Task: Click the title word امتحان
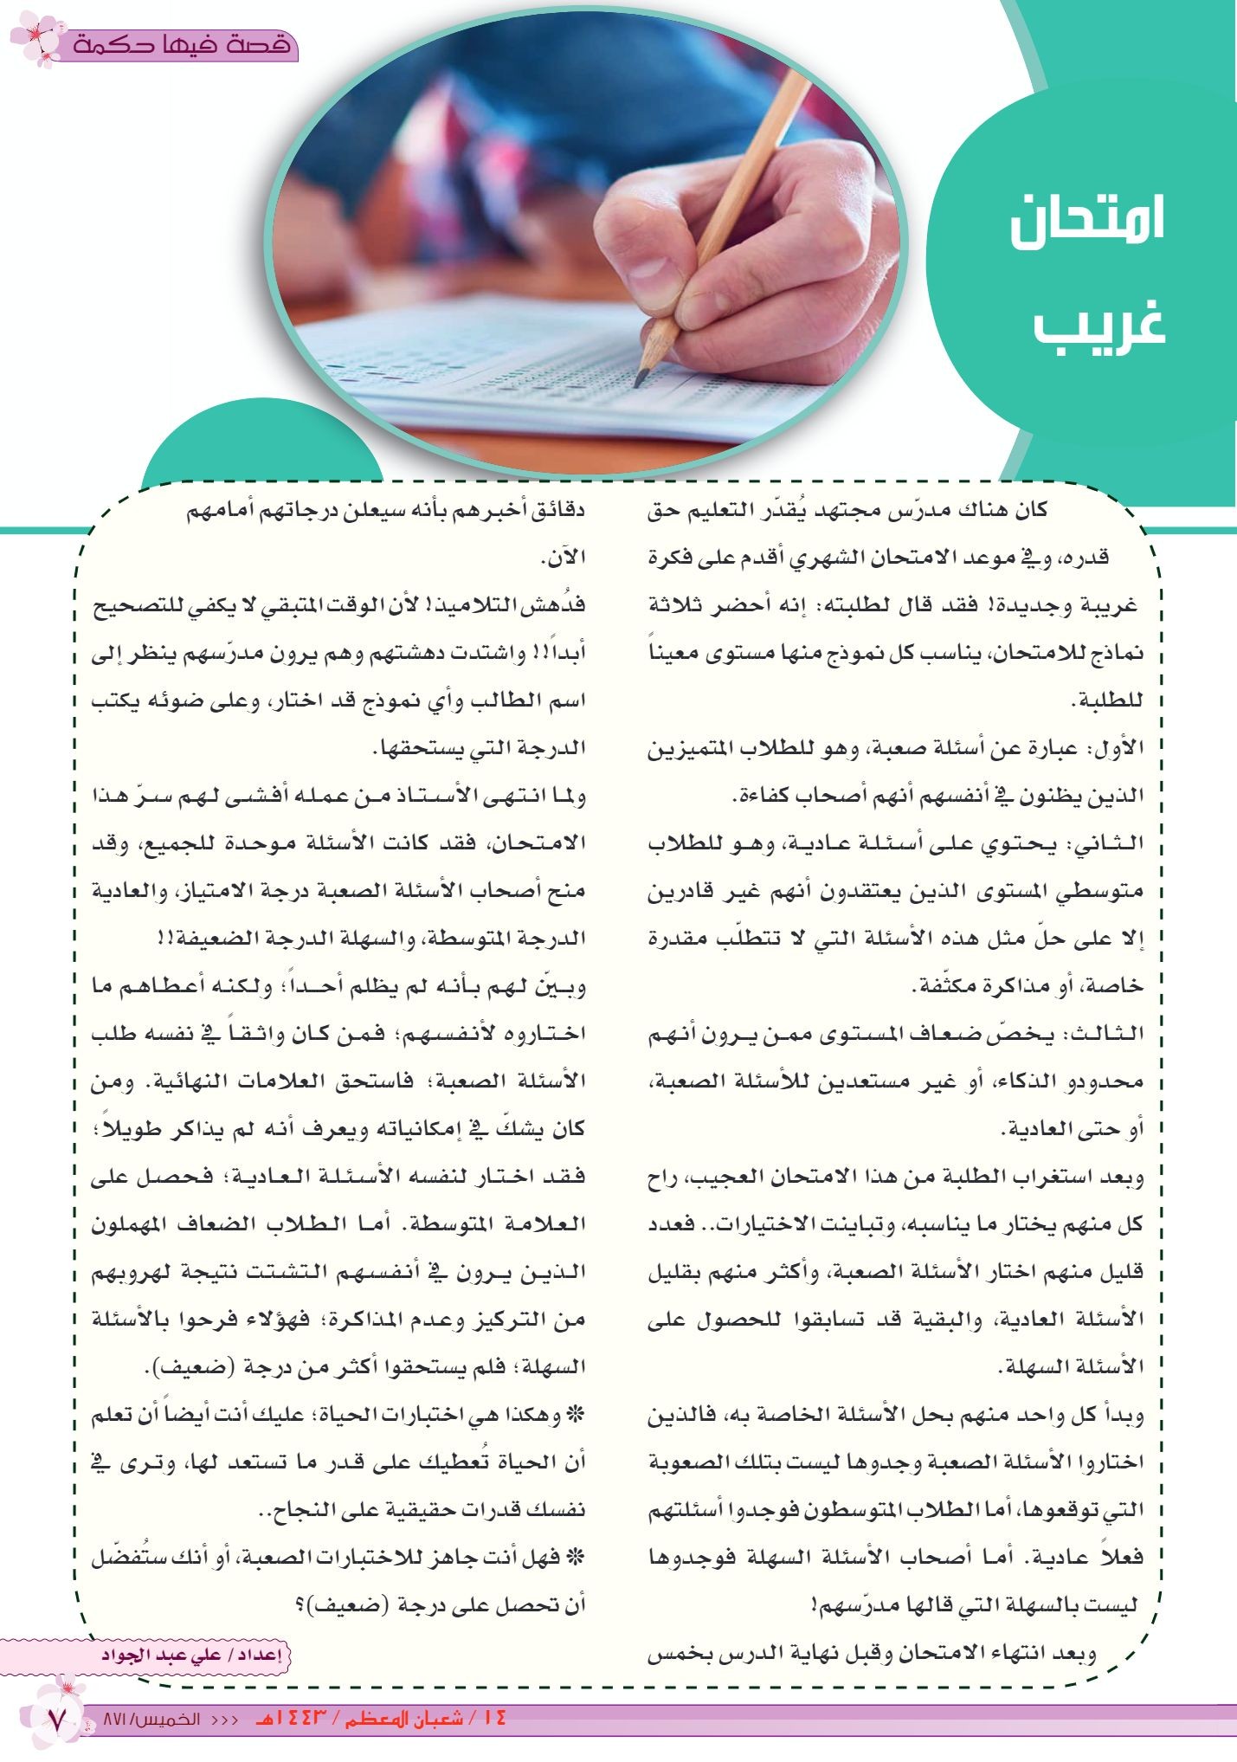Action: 1087,220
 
